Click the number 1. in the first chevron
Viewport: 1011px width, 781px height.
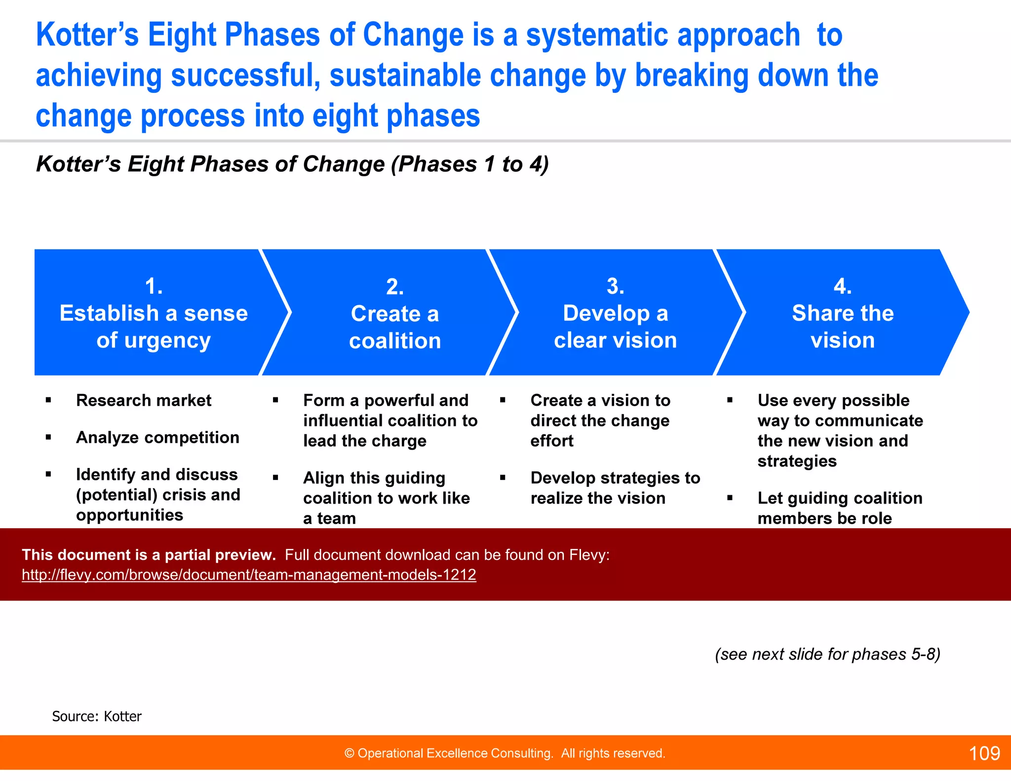tap(154, 286)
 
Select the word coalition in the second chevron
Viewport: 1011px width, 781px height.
tap(395, 341)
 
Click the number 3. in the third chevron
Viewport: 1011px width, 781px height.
tap(615, 286)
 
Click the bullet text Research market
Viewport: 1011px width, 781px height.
tap(144, 400)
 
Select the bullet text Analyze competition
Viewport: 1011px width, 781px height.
tap(157, 437)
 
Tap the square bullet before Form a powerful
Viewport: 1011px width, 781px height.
tap(275, 400)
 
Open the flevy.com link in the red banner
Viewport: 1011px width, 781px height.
tap(249, 575)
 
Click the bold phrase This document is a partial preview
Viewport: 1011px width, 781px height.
tap(149, 555)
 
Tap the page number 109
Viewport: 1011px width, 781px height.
tap(984, 753)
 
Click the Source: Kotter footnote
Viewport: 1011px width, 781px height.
tap(97, 716)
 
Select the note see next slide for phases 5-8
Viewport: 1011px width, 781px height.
tap(827, 654)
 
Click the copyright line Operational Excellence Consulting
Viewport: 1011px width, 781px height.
tap(505, 753)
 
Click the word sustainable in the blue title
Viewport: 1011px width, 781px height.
tap(405, 76)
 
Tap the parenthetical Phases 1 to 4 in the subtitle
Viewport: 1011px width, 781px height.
tap(469, 164)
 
